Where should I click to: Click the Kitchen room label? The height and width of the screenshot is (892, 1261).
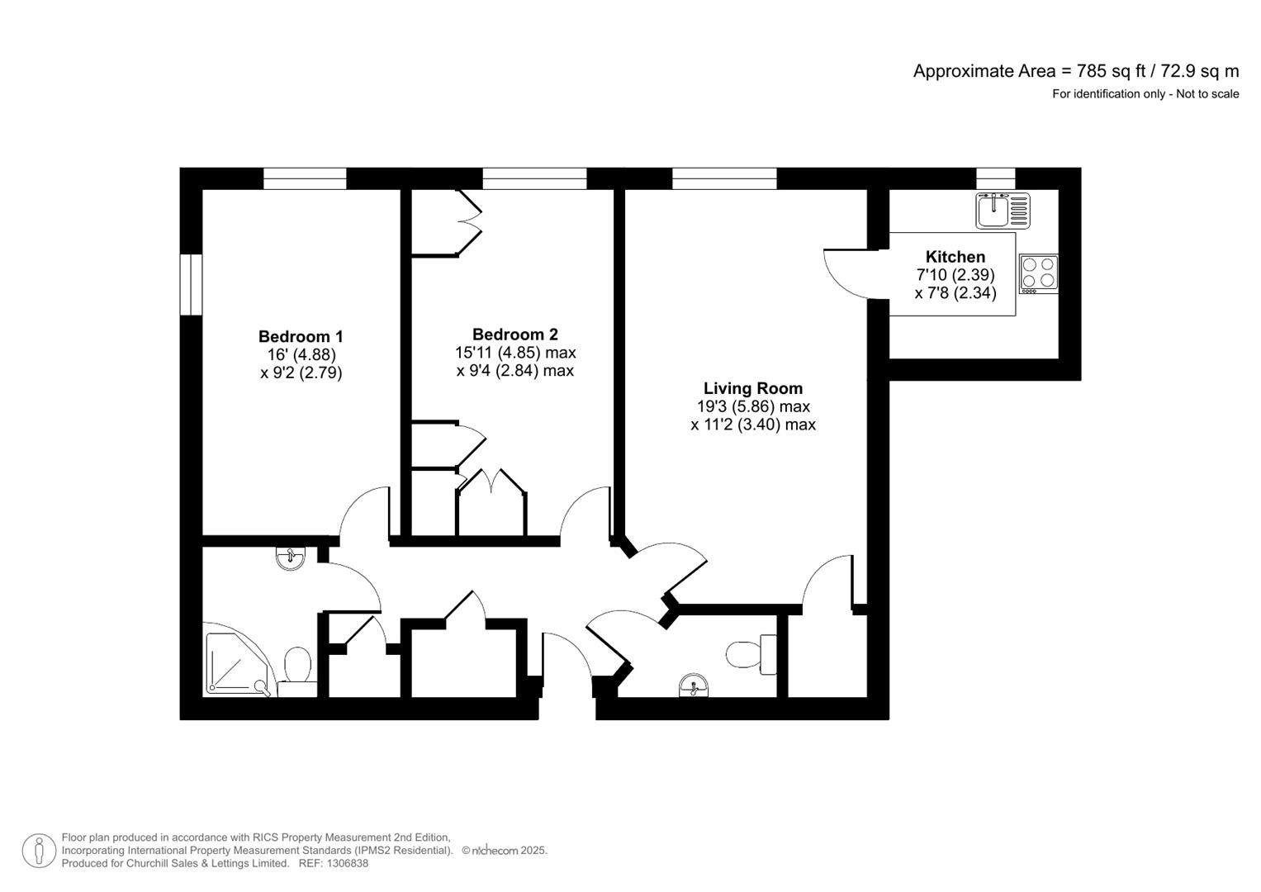955,257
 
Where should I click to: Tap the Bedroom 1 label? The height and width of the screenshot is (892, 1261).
301,336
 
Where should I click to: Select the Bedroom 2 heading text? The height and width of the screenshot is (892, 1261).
514,334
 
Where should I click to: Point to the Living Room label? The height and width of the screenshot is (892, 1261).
752,388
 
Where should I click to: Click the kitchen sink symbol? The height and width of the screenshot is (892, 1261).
1002,210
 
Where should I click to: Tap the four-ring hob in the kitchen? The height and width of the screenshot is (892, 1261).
1039,274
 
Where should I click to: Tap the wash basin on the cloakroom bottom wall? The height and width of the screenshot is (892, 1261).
693,686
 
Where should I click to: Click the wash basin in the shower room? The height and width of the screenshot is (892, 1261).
290,558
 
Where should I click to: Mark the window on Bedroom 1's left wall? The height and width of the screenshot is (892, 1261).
191,284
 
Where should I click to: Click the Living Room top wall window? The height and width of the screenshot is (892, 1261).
724,178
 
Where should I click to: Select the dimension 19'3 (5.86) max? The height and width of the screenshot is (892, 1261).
752,406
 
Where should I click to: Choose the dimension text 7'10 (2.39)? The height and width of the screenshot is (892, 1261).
955,275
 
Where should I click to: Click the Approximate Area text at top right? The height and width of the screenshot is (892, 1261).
1075,71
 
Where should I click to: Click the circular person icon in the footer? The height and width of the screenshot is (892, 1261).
39,851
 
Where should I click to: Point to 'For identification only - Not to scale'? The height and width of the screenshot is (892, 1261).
1145,94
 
